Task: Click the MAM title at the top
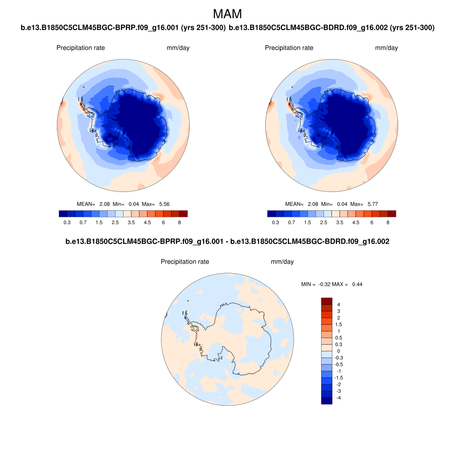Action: [227, 14]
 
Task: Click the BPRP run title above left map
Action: [123, 28]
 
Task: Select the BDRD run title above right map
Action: [331, 28]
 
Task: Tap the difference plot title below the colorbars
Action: [227, 242]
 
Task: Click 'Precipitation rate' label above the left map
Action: [80, 48]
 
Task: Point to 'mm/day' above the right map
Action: [387, 48]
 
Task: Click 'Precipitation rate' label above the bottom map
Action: [185, 262]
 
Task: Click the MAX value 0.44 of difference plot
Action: [357, 284]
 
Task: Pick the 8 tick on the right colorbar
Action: [388, 222]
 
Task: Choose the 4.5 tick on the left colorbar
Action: [147, 222]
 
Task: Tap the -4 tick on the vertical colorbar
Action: [339, 398]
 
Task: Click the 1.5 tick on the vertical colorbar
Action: [339, 324]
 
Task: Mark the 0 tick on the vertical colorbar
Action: [339, 351]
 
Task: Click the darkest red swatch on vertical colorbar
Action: [327, 301]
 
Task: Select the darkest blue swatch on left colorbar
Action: [63, 214]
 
